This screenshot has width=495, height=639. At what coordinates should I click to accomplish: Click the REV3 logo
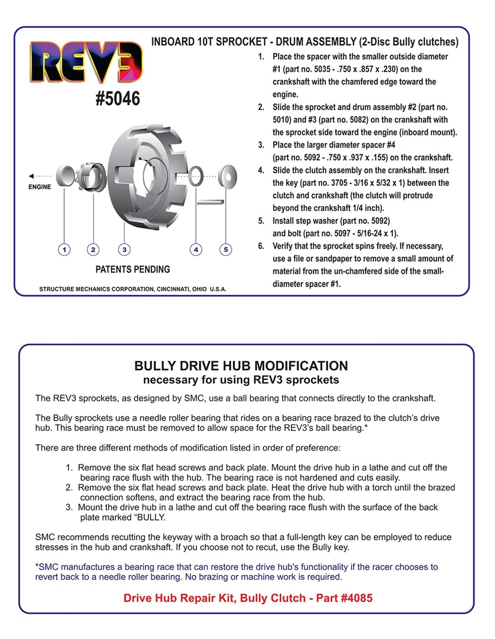86,62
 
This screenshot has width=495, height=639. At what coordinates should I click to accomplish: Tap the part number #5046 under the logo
118,99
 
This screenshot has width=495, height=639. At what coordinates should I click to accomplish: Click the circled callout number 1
64,249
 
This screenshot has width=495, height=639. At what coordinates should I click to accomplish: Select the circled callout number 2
93,249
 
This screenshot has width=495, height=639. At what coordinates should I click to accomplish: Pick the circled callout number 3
124,249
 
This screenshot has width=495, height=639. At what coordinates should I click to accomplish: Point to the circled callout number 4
196,249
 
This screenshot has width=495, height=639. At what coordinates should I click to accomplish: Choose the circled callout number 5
226,249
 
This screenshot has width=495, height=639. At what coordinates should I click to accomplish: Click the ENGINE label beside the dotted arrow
40,187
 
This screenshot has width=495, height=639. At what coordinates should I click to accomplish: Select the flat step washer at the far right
228,176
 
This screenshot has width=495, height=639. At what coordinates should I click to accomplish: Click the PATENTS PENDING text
133,270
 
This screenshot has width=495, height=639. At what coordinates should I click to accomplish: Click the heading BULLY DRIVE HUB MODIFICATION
241,366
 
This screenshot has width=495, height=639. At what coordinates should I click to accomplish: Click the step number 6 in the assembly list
261,246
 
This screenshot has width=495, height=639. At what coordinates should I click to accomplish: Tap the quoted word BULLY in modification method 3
151,518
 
